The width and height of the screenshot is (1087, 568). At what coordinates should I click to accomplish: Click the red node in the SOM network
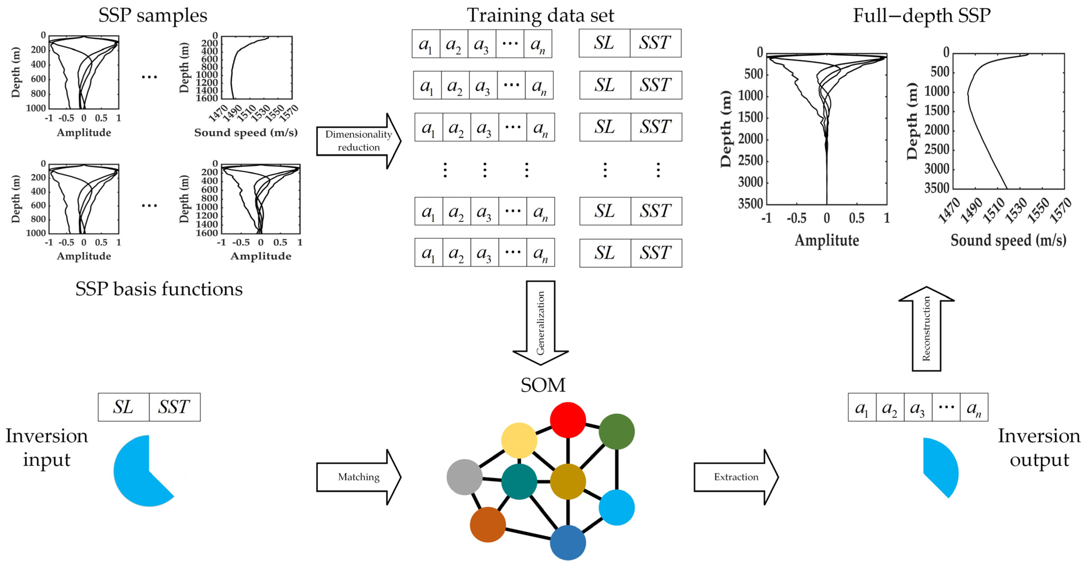click(568, 420)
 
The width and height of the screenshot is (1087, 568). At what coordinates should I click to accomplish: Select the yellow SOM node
click(519, 440)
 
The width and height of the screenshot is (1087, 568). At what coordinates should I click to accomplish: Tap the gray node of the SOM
click(464, 477)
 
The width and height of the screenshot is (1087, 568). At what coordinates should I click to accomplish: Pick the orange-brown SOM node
click(488, 524)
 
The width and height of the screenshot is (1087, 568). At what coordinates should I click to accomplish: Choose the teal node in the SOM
click(519, 481)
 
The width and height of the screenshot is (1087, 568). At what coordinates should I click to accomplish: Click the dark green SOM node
click(617, 431)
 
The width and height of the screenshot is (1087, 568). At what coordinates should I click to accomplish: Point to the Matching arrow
click(358, 477)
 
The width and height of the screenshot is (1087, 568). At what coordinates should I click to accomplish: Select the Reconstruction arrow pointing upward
click(926, 329)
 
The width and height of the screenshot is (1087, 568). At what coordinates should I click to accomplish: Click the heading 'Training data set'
click(540, 15)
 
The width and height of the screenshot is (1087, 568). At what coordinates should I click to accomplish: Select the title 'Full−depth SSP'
click(922, 15)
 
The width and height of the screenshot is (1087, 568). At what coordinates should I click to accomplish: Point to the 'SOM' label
click(543, 385)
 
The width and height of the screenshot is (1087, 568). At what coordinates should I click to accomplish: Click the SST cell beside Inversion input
click(174, 407)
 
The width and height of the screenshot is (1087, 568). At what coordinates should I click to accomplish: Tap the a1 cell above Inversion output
click(862, 407)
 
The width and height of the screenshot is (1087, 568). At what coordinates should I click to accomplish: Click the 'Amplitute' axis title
click(827, 240)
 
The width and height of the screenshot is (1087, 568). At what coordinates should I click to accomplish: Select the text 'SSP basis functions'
click(159, 289)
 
